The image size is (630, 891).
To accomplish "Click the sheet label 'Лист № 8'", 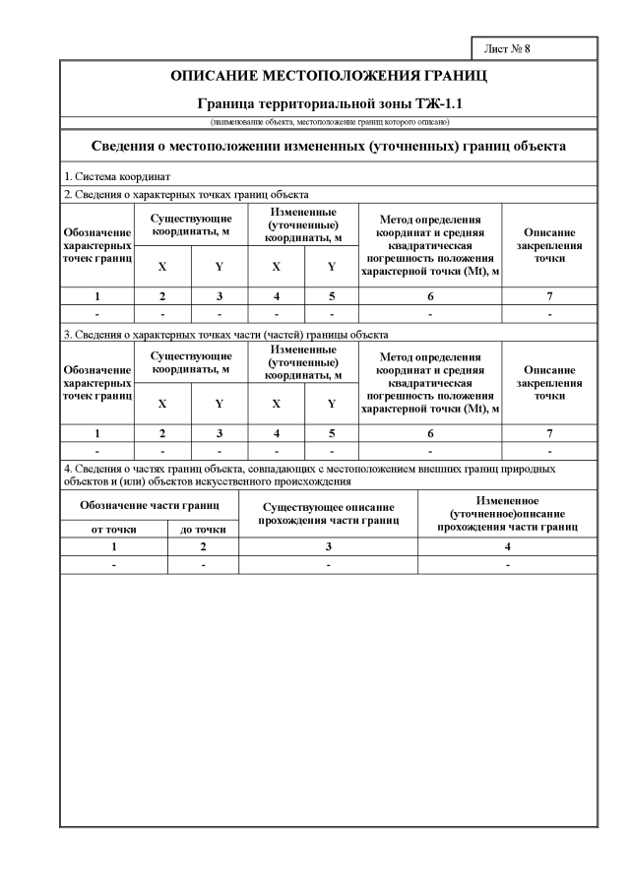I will click(x=508, y=48).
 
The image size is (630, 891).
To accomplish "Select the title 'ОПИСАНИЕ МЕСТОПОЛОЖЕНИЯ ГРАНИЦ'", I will click(x=329, y=76).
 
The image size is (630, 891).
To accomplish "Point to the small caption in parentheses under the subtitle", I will click(x=329, y=121).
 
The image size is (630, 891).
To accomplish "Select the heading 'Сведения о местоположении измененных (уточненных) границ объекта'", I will click(x=329, y=147).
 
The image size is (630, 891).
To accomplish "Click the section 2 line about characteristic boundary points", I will click(x=187, y=195).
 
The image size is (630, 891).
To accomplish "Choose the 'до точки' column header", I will click(x=204, y=529).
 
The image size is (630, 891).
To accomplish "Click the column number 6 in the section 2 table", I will click(x=430, y=294).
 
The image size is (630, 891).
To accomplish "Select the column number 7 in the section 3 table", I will click(x=549, y=433).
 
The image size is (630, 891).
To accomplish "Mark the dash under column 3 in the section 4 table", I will click(x=329, y=564).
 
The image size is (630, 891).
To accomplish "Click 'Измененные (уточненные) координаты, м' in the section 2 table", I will click(x=304, y=223).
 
